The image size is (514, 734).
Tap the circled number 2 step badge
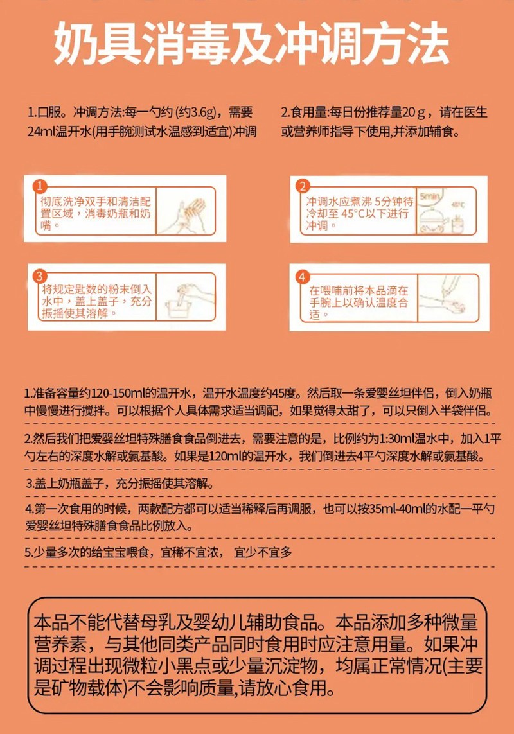pos(302,187)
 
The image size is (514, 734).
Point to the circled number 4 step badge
pos(302,277)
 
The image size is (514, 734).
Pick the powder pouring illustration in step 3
pos(182,298)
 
